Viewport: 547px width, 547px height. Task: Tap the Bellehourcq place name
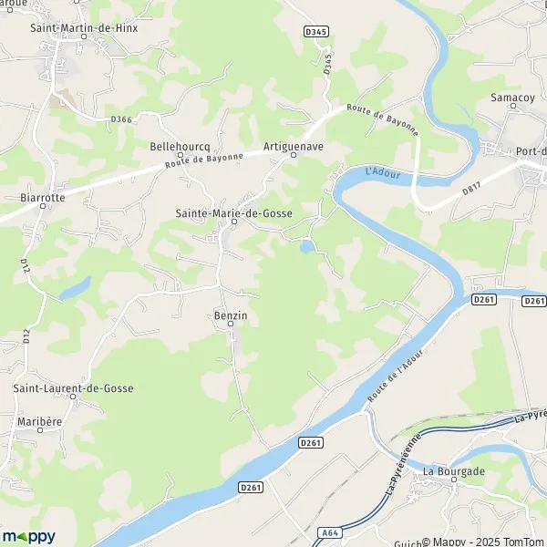[x=181, y=145]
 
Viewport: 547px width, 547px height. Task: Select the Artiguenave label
[x=294, y=145]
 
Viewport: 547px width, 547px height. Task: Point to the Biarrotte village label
[x=41, y=196]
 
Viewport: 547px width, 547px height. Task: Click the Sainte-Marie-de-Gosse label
[x=233, y=212]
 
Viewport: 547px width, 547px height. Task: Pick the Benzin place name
[x=231, y=315]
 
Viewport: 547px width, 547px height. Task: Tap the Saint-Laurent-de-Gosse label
[x=73, y=388]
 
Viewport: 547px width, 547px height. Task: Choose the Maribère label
[x=38, y=422]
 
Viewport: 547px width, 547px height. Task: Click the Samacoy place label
[x=511, y=98]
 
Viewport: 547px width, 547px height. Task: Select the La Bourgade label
[x=453, y=471]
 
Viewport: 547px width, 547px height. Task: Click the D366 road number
[x=121, y=119]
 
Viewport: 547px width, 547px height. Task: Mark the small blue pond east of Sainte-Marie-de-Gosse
[x=308, y=246]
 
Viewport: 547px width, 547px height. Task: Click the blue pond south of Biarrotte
[x=75, y=288]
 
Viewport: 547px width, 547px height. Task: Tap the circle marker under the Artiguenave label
[x=294, y=155]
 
